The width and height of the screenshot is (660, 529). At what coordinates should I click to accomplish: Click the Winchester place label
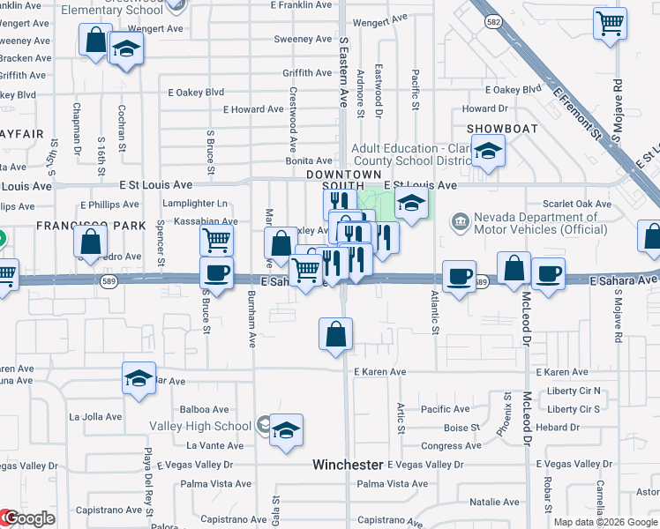point(349,465)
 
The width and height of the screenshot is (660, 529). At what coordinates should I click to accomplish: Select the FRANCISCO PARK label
point(90,226)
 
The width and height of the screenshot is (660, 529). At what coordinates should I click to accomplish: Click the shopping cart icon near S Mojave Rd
point(610,25)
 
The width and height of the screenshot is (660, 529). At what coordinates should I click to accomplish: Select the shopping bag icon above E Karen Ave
point(335,335)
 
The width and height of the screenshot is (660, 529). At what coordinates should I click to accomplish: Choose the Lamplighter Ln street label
point(196,204)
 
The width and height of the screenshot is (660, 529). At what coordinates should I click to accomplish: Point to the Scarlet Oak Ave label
point(578,204)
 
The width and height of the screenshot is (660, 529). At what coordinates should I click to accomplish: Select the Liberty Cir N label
point(574,391)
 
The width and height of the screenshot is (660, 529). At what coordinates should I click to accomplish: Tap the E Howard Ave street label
point(253,110)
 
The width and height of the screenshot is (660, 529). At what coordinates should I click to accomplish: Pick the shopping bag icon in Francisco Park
point(90,242)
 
